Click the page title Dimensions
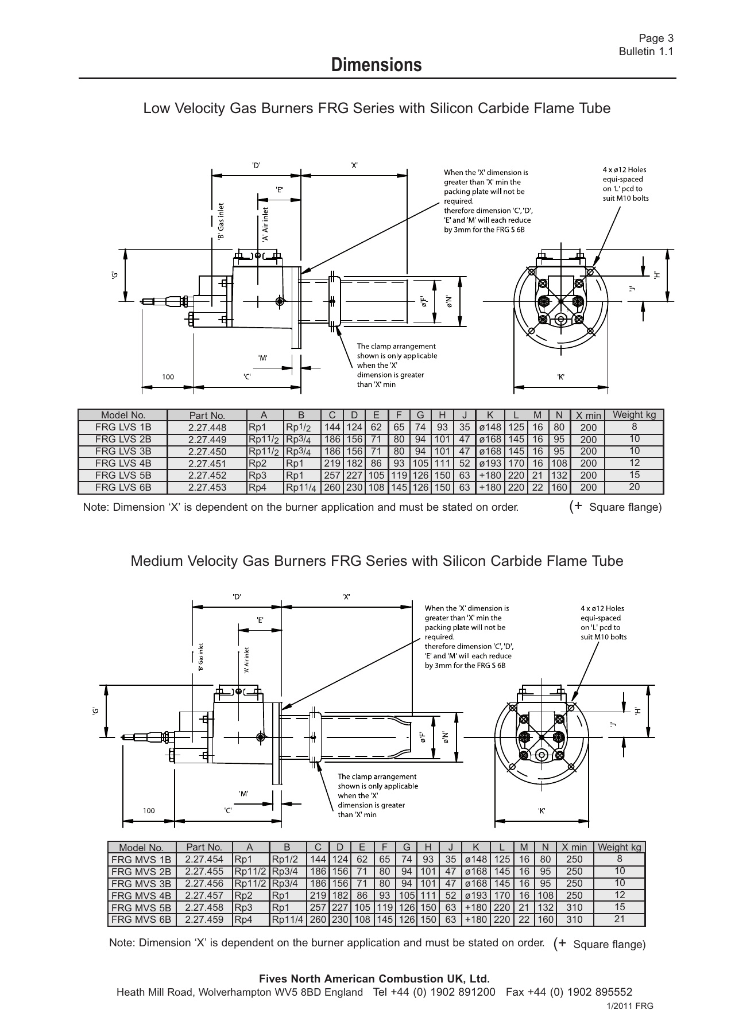(x=376, y=65)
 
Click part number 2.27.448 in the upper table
(x=207, y=428)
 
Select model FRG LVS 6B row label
(x=123, y=487)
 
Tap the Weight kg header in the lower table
(x=619, y=847)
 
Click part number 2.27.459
(x=204, y=919)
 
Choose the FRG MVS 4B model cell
(x=141, y=895)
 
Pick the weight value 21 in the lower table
(x=619, y=919)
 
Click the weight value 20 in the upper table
(x=634, y=487)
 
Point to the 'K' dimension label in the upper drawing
(x=560, y=377)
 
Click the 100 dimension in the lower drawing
(x=149, y=811)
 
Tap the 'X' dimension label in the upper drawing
(x=354, y=165)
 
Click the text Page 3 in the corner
(x=656, y=38)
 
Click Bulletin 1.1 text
(x=645, y=52)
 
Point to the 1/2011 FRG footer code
(x=630, y=1006)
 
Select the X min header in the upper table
(x=588, y=415)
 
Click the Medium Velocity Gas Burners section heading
(x=377, y=561)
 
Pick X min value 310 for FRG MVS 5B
(x=574, y=907)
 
